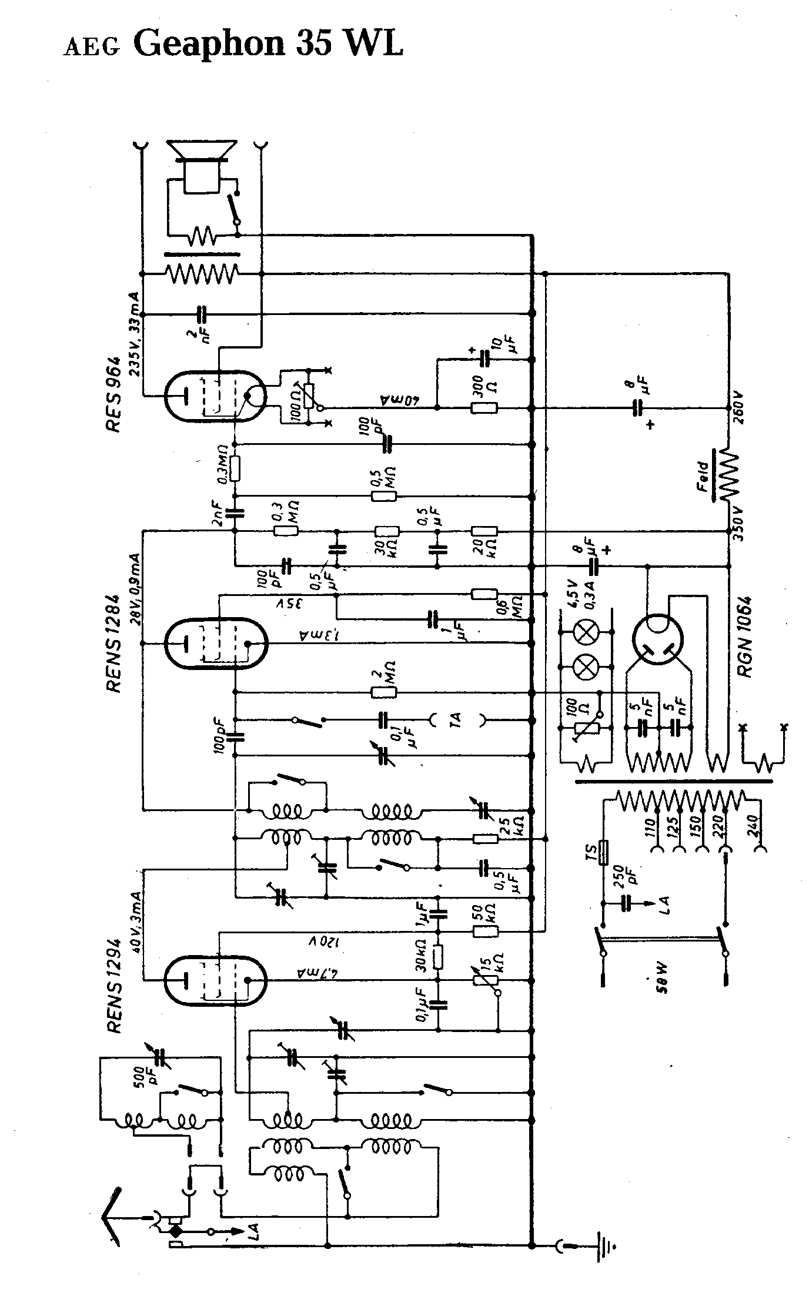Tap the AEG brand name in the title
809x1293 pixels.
pyautogui.click(x=91, y=47)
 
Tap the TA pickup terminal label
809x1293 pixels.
pyautogui.click(x=456, y=719)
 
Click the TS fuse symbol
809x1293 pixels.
pyautogui.click(x=603, y=853)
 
